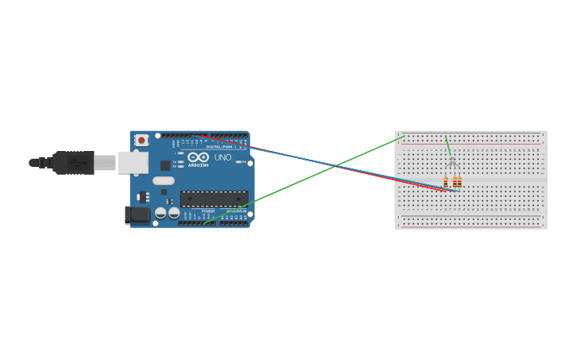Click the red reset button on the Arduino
pyautogui.click(x=141, y=140)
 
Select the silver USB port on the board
pyautogui.click(x=133, y=163)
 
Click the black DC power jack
pyautogui.click(x=138, y=215)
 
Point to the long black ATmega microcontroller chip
pyautogui.click(x=214, y=199)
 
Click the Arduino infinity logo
pyautogui.click(x=198, y=157)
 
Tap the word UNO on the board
pyautogui.click(x=223, y=157)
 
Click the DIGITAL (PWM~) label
pyautogui.click(x=222, y=147)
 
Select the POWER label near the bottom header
pyautogui.click(x=207, y=211)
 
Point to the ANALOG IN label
pyautogui.click(x=236, y=211)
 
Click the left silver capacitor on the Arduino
pyautogui.click(x=161, y=213)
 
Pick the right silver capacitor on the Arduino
pyautogui.click(x=174, y=213)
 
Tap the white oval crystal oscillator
pyautogui.click(x=164, y=180)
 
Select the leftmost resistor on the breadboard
pyautogui.click(x=446, y=182)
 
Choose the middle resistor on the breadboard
pyautogui.click(x=454, y=182)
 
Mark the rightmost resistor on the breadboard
pyautogui.click(x=459, y=182)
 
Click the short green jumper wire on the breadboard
pyautogui.click(x=448, y=146)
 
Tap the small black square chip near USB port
pyautogui.click(x=165, y=165)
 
